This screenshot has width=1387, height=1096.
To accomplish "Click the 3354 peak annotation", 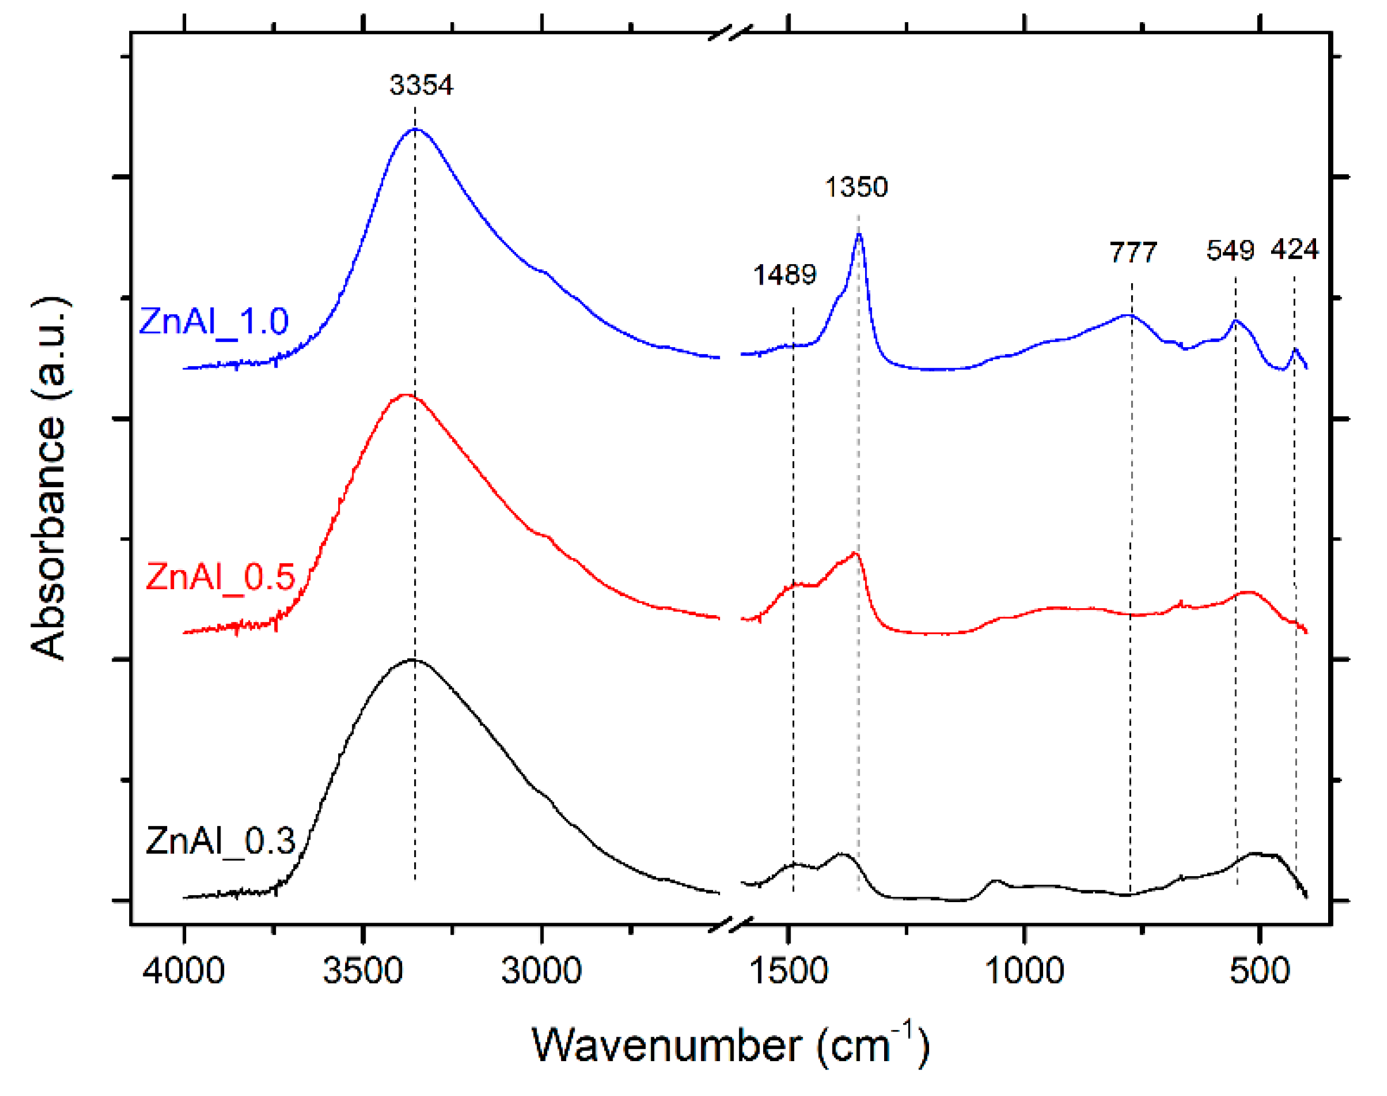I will (x=421, y=85).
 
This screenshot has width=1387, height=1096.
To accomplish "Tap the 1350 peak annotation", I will (x=856, y=187).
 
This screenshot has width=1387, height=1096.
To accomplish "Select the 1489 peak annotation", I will (x=784, y=275).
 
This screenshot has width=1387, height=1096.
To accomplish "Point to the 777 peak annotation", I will (x=1133, y=252).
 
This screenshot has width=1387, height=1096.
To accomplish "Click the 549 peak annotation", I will (x=1230, y=250).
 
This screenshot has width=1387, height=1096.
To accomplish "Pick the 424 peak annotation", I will (x=1294, y=249).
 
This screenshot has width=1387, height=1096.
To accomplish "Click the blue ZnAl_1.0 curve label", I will (x=213, y=321).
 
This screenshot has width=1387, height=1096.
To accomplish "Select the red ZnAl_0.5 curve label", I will (x=220, y=577).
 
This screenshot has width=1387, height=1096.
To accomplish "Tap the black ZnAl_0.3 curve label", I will (x=220, y=840).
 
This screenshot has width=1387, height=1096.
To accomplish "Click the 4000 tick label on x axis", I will (x=184, y=970).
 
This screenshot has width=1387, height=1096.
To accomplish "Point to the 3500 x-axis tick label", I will (x=362, y=970).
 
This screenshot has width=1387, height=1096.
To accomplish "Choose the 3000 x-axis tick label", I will (x=541, y=970).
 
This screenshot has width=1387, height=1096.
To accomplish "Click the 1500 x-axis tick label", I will (x=788, y=970).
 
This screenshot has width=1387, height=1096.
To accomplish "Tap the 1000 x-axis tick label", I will (x=1024, y=970).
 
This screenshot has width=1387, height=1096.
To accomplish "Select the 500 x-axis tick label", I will (x=1259, y=970).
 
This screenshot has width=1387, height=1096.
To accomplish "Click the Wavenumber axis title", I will (x=730, y=1046).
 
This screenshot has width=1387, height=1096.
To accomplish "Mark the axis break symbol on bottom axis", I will (x=730, y=925).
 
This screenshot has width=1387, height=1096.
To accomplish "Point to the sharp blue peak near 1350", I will (x=858, y=235).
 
